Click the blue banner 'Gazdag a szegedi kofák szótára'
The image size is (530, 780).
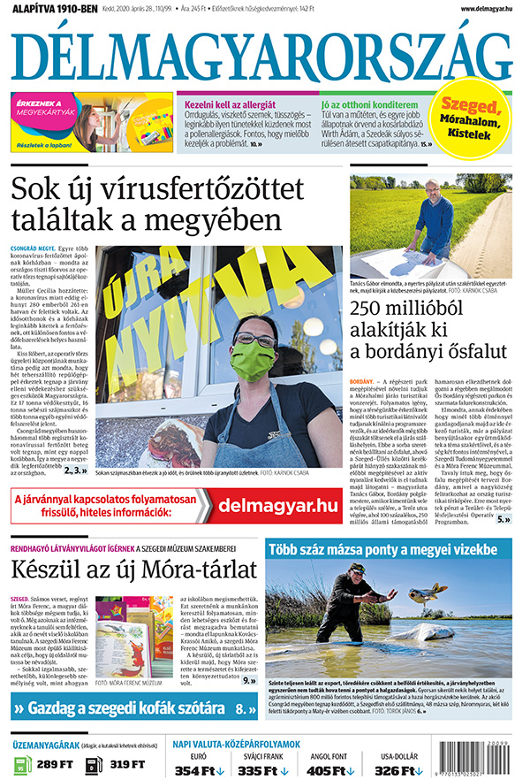132,707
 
